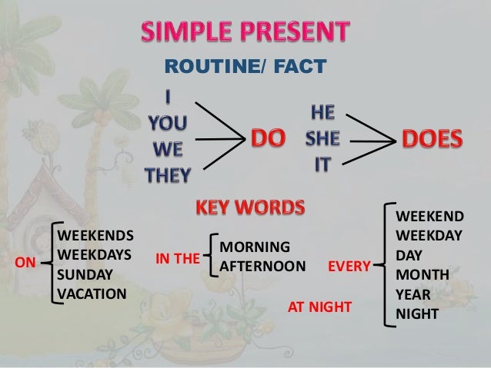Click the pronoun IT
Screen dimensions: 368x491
(322, 164)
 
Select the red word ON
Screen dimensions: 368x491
(25, 263)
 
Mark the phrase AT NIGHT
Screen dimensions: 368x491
(319, 307)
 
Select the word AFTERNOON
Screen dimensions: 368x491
(262, 267)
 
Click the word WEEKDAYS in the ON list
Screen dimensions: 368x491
(95, 254)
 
